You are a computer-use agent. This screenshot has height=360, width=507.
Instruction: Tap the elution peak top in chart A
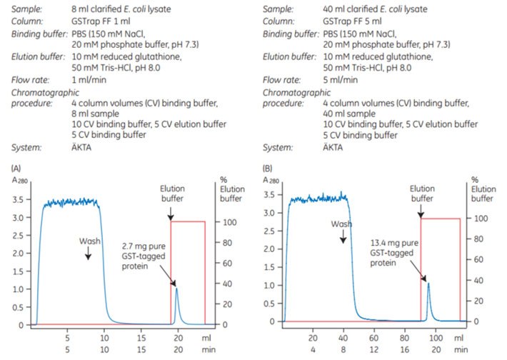click(x=176, y=288)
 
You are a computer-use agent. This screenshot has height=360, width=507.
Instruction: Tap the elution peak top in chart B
click(x=428, y=284)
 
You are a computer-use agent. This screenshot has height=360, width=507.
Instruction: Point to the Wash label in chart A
click(x=88, y=236)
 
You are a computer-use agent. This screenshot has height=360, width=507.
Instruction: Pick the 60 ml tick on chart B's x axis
click(x=373, y=336)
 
